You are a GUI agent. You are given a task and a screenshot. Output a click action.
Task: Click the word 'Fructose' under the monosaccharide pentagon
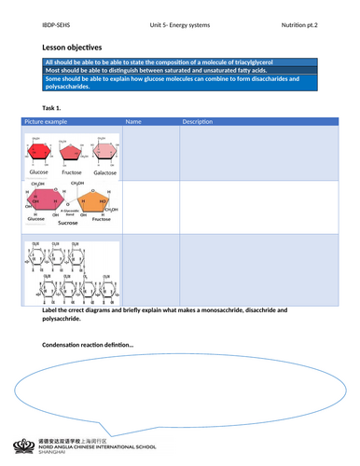(x=71, y=172)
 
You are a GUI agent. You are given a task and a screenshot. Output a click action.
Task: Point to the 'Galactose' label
(x=104, y=172)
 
